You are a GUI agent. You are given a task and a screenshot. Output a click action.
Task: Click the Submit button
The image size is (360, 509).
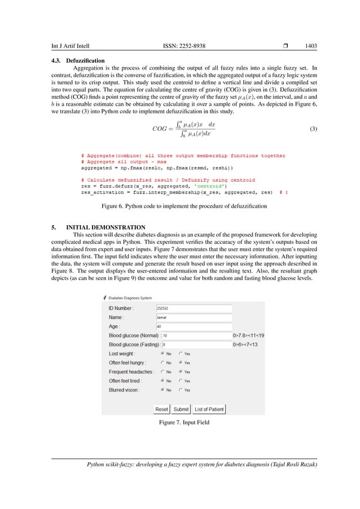pyautogui.click(x=181, y=409)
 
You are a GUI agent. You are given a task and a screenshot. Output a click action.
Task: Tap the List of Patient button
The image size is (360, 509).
pyautogui.click(x=209, y=409)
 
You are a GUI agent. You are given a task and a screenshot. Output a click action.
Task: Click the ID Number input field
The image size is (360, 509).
pyautogui.click(x=194, y=308)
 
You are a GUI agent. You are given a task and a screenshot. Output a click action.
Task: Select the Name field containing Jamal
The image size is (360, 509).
pyautogui.click(x=194, y=317)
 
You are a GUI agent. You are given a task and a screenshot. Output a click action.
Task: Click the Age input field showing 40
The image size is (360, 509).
pyautogui.click(x=194, y=326)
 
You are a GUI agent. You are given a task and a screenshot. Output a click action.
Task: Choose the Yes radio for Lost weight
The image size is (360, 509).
pyautogui.click(x=181, y=354)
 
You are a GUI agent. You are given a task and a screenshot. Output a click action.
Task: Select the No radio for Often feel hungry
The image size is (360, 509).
pyautogui.click(x=163, y=363)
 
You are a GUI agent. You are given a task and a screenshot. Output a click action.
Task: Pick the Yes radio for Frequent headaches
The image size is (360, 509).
pyautogui.click(x=181, y=372)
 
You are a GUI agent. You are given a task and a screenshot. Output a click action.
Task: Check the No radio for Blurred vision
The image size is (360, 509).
pyautogui.click(x=163, y=390)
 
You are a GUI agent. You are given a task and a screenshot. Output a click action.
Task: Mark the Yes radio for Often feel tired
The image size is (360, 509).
pyautogui.click(x=181, y=381)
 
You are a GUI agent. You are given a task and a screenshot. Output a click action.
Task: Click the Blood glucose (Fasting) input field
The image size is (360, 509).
pyautogui.click(x=196, y=344)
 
